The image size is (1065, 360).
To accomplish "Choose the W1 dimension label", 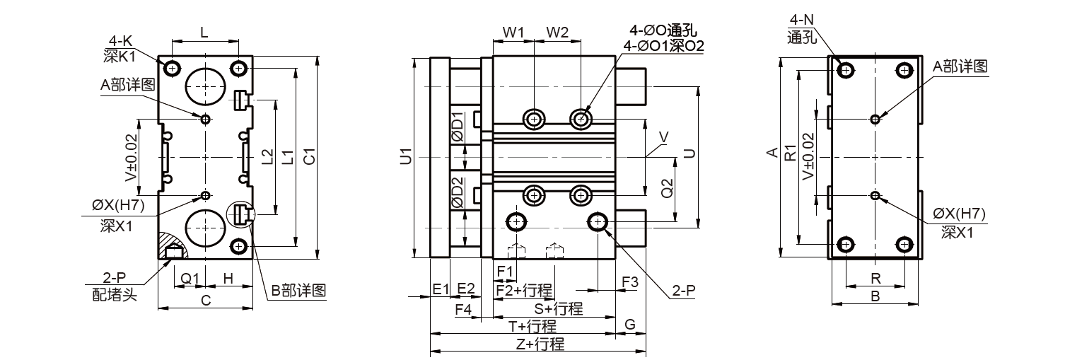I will click(513, 33).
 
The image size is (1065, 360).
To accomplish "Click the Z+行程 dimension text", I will click(539, 344).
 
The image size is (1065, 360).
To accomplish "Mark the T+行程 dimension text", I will click(532, 327).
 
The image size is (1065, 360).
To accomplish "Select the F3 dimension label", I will click(629, 281).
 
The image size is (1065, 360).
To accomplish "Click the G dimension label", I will click(630, 325).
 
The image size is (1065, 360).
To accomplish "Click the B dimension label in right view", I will click(875, 297).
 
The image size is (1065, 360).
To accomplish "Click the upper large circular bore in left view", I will click(204, 86).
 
